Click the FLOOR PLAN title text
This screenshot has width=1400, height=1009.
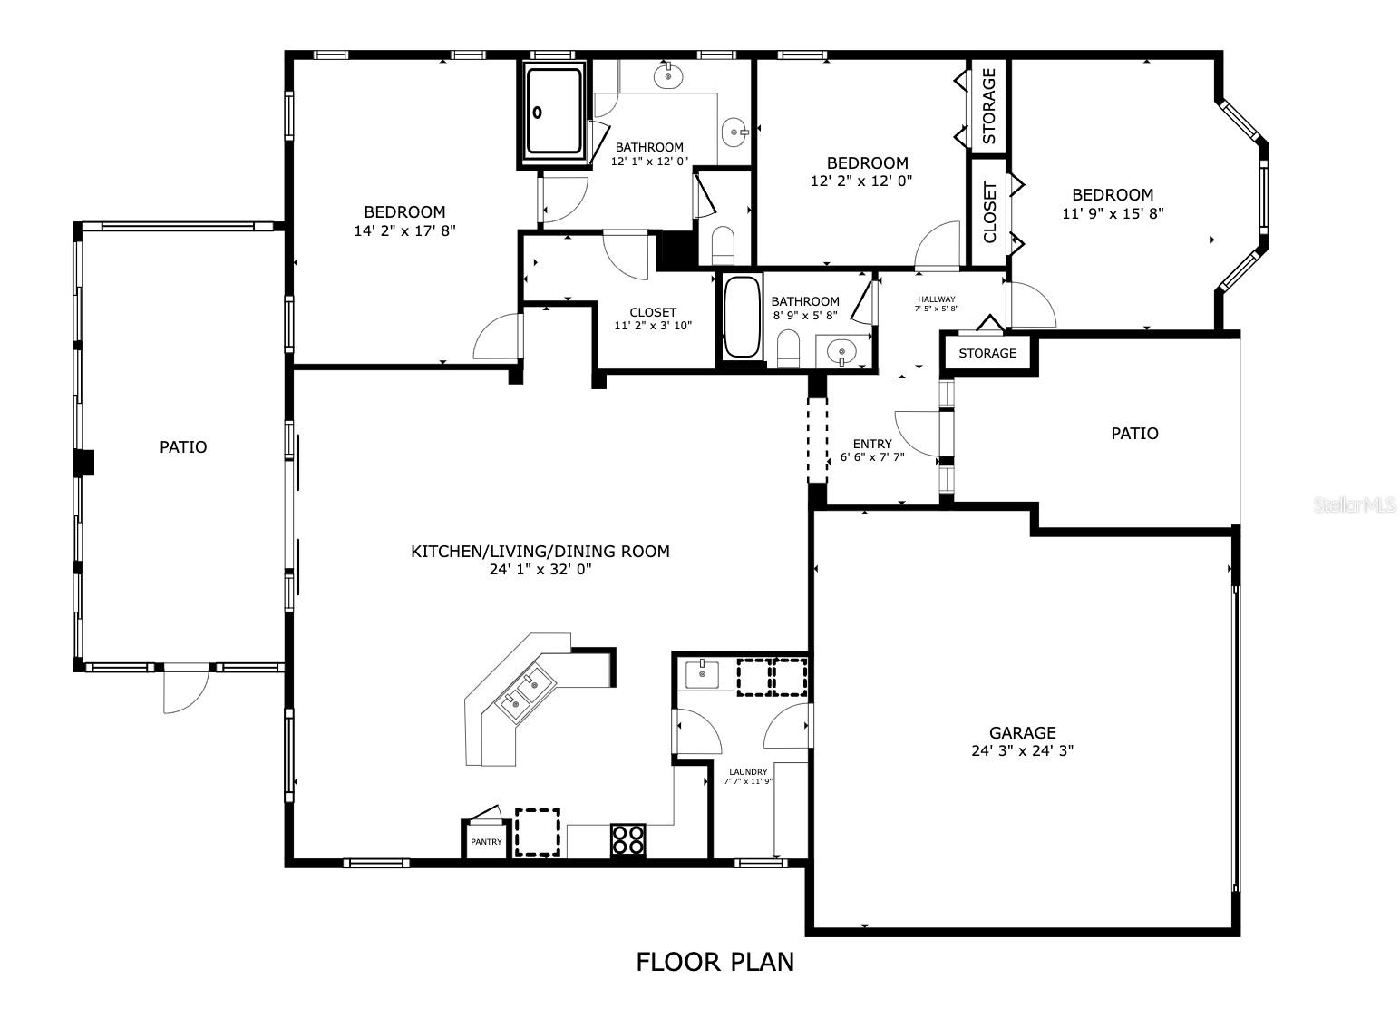[x=715, y=962]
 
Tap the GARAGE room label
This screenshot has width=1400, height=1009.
[x=1022, y=732]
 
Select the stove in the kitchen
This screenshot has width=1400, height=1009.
[x=627, y=839]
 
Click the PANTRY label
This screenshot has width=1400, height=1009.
[x=486, y=842]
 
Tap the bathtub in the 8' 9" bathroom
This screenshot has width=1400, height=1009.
[x=742, y=317]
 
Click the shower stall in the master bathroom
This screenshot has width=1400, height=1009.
[x=553, y=112]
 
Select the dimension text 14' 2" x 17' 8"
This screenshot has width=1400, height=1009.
[x=404, y=231]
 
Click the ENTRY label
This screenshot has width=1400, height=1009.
[x=872, y=444]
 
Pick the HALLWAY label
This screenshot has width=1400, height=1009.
[x=936, y=299]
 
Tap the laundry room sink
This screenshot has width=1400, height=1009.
[x=703, y=674]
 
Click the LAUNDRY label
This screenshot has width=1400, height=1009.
[x=748, y=772]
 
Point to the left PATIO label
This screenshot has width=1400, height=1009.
[x=183, y=447]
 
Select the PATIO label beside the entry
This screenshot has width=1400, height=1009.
[x=1134, y=434]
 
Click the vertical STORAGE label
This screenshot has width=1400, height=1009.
[x=989, y=106]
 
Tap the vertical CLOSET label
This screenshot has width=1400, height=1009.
[x=989, y=212]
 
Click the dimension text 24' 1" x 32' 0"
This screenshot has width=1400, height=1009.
[x=540, y=570]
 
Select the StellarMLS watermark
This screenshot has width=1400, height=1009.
[x=1355, y=505]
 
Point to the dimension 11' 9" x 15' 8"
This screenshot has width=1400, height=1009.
[x=1113, y=214]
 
